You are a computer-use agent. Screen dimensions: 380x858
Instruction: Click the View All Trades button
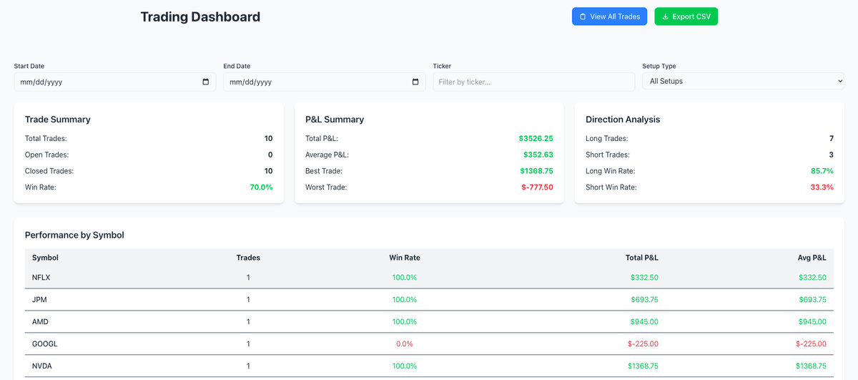point(609,16)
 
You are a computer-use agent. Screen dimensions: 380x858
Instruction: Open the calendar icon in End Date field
point(415,82)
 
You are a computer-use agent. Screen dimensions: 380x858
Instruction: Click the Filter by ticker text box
point(533,82)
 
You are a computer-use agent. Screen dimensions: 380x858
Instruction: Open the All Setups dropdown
point(742,82)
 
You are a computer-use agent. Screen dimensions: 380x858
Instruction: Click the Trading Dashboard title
point(200,17)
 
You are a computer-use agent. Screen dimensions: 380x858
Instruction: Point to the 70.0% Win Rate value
point(261,187)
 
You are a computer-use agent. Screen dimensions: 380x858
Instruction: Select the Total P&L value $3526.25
point(536,139)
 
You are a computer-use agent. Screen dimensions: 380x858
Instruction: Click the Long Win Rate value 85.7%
point(821,171)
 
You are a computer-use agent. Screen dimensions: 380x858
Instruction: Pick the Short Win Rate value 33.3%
point(821,187)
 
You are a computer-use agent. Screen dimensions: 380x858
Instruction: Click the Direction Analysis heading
point(622,120)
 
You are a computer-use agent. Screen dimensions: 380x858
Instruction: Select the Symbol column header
point(45,258)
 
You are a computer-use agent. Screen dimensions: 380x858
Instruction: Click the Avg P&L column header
point(811,258)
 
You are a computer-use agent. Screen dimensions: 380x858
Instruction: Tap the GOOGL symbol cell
point(44,344)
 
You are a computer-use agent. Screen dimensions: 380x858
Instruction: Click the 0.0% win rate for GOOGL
point(404,344)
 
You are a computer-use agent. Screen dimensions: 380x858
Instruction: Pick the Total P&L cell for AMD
point(643,322)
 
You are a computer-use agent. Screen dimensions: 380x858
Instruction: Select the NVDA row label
point(42,366)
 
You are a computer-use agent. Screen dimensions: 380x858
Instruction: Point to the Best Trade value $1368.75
point(536,171)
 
